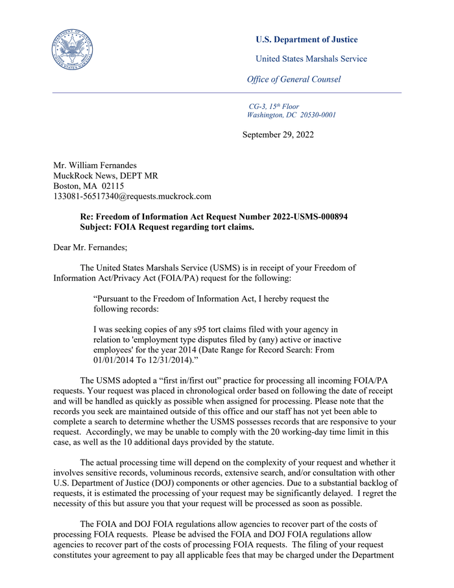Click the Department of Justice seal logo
click(x=71, y=49)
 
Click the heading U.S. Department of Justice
click(x=306, y=40)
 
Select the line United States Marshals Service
click(x=311, y=59)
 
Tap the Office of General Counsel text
click(x=293, y=80)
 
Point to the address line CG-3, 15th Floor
click(x=274, y=106)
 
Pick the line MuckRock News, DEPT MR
click(x=105, y=176)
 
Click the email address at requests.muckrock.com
click(x=132, y=196)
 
